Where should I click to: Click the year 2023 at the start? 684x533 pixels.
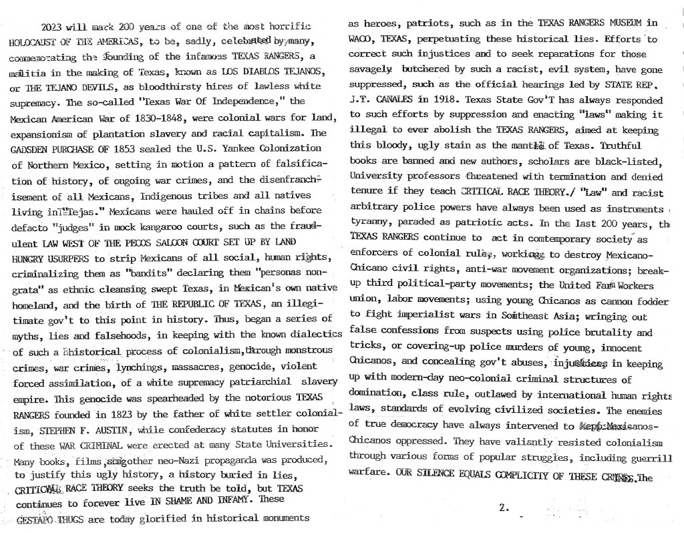click(x=53, y=27)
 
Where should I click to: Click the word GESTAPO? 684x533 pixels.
click(x=36, y=518)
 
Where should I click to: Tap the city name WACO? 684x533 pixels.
click(x=361, y=39)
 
